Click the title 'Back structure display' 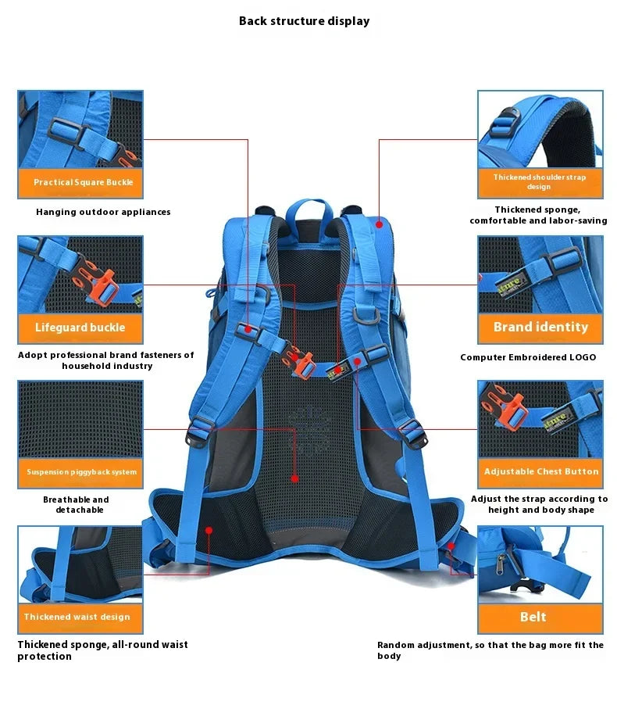pyautogui.click(x=304, y=21)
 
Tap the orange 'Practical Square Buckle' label pyautogui.click(x=80, y=182)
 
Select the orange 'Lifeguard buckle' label pyautogui.click(x=80, y=328)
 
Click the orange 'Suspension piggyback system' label pyautogui.click(x=80, y=472)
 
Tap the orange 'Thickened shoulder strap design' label pyautogui.click(x=540, y=182)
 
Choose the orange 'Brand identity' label pyautogui.click(x=540, y=327)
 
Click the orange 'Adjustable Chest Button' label pyautogui.click(x=540, y=471)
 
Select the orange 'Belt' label pyautogui.click(x=540, y=617)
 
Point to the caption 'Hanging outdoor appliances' pyautogui.click(x=103, y=212)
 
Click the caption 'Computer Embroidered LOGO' pyautogui.click(x=528, y=357)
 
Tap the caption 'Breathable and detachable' pyautogui.click(x=76, y=505)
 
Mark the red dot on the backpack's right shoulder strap pyautogui.click(x=379, y=224)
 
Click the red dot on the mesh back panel pyautogui.click(x=294, y=478)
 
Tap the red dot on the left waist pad pyautogui.click(x=209, y=530)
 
